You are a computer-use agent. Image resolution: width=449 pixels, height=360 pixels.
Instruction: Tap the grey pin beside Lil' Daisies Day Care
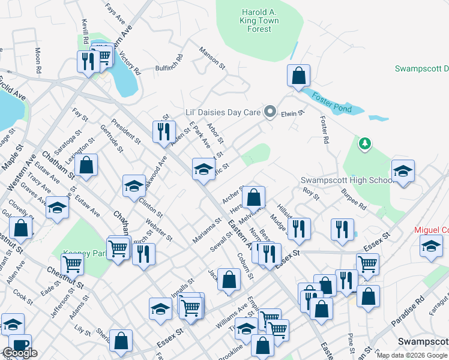[x=270, y=112]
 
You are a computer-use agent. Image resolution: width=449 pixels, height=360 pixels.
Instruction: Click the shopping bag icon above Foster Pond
[x=298, y=77]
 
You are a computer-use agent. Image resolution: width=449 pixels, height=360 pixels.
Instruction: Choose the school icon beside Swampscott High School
[x=402, y=172]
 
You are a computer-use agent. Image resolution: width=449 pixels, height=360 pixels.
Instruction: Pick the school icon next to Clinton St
[x=134, y=187]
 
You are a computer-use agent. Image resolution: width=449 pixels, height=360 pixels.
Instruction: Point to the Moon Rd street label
[x=38, y=61]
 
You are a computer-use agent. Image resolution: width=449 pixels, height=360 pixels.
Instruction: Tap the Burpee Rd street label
[x=355, y=200]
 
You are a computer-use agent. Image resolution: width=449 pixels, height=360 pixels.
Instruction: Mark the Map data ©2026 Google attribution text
[x=411, y=355]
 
